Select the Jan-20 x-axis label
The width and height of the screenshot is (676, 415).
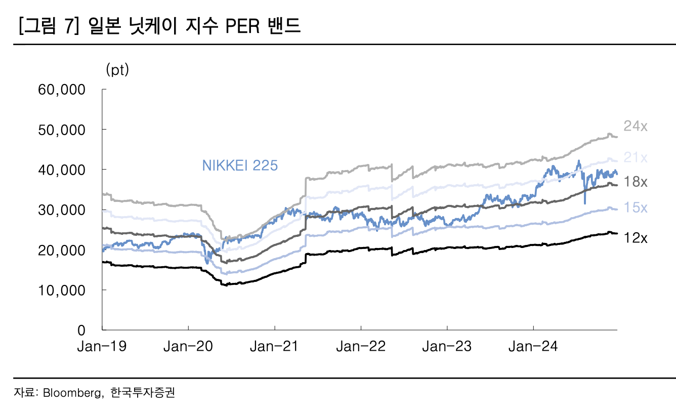188,347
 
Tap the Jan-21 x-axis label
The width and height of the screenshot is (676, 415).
274,347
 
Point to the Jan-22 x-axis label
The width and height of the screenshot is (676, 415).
361,347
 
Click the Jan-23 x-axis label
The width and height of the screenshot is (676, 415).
447,347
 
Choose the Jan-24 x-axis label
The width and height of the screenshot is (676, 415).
533,347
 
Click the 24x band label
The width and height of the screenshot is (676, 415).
635,127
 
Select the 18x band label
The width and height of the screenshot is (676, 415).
635,182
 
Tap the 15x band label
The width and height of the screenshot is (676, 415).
635,208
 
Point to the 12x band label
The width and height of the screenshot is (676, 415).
635,237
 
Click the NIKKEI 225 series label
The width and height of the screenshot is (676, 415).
240,165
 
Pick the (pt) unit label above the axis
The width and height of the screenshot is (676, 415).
117,70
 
